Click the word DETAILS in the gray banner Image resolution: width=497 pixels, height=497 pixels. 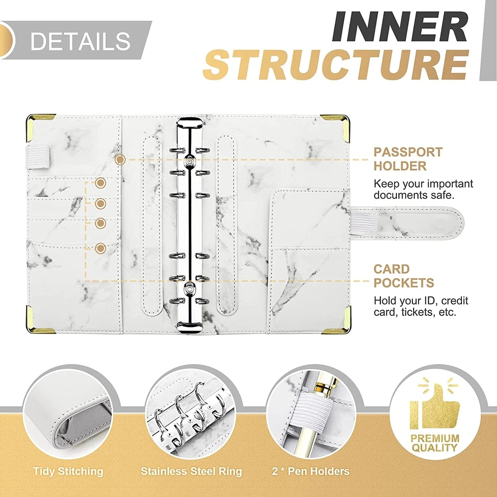click(x=80, y=41)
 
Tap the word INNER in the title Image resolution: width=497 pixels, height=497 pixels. click(x=399, y=27)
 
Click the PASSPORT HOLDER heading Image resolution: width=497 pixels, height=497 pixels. click(x=408, y=159)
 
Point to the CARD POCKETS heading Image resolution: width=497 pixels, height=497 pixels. click(x=403, y=276)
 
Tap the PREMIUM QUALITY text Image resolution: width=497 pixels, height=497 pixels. click(x=435, y=443)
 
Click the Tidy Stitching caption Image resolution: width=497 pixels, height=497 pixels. click(x=68, y=471)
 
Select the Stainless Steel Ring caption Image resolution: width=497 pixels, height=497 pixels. click(x=191, y=471)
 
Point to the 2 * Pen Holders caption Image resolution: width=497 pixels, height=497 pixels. click(x=311, y=471)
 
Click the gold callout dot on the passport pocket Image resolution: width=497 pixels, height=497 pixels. click(x=120, y=160)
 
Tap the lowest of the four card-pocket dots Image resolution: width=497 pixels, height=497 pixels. click(x=100, y=248)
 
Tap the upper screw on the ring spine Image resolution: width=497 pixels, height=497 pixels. click(x=189, y=161)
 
